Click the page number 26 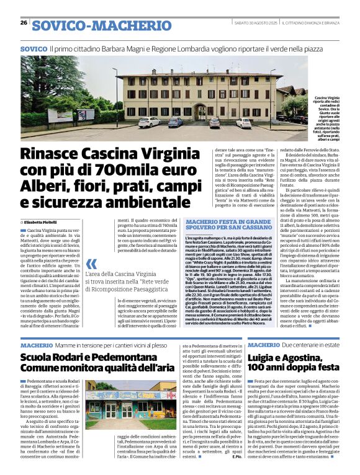click(24, 23)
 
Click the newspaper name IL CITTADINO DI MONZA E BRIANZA click(308, 23)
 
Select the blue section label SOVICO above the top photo click(34, 48)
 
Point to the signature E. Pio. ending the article click(235, 464)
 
